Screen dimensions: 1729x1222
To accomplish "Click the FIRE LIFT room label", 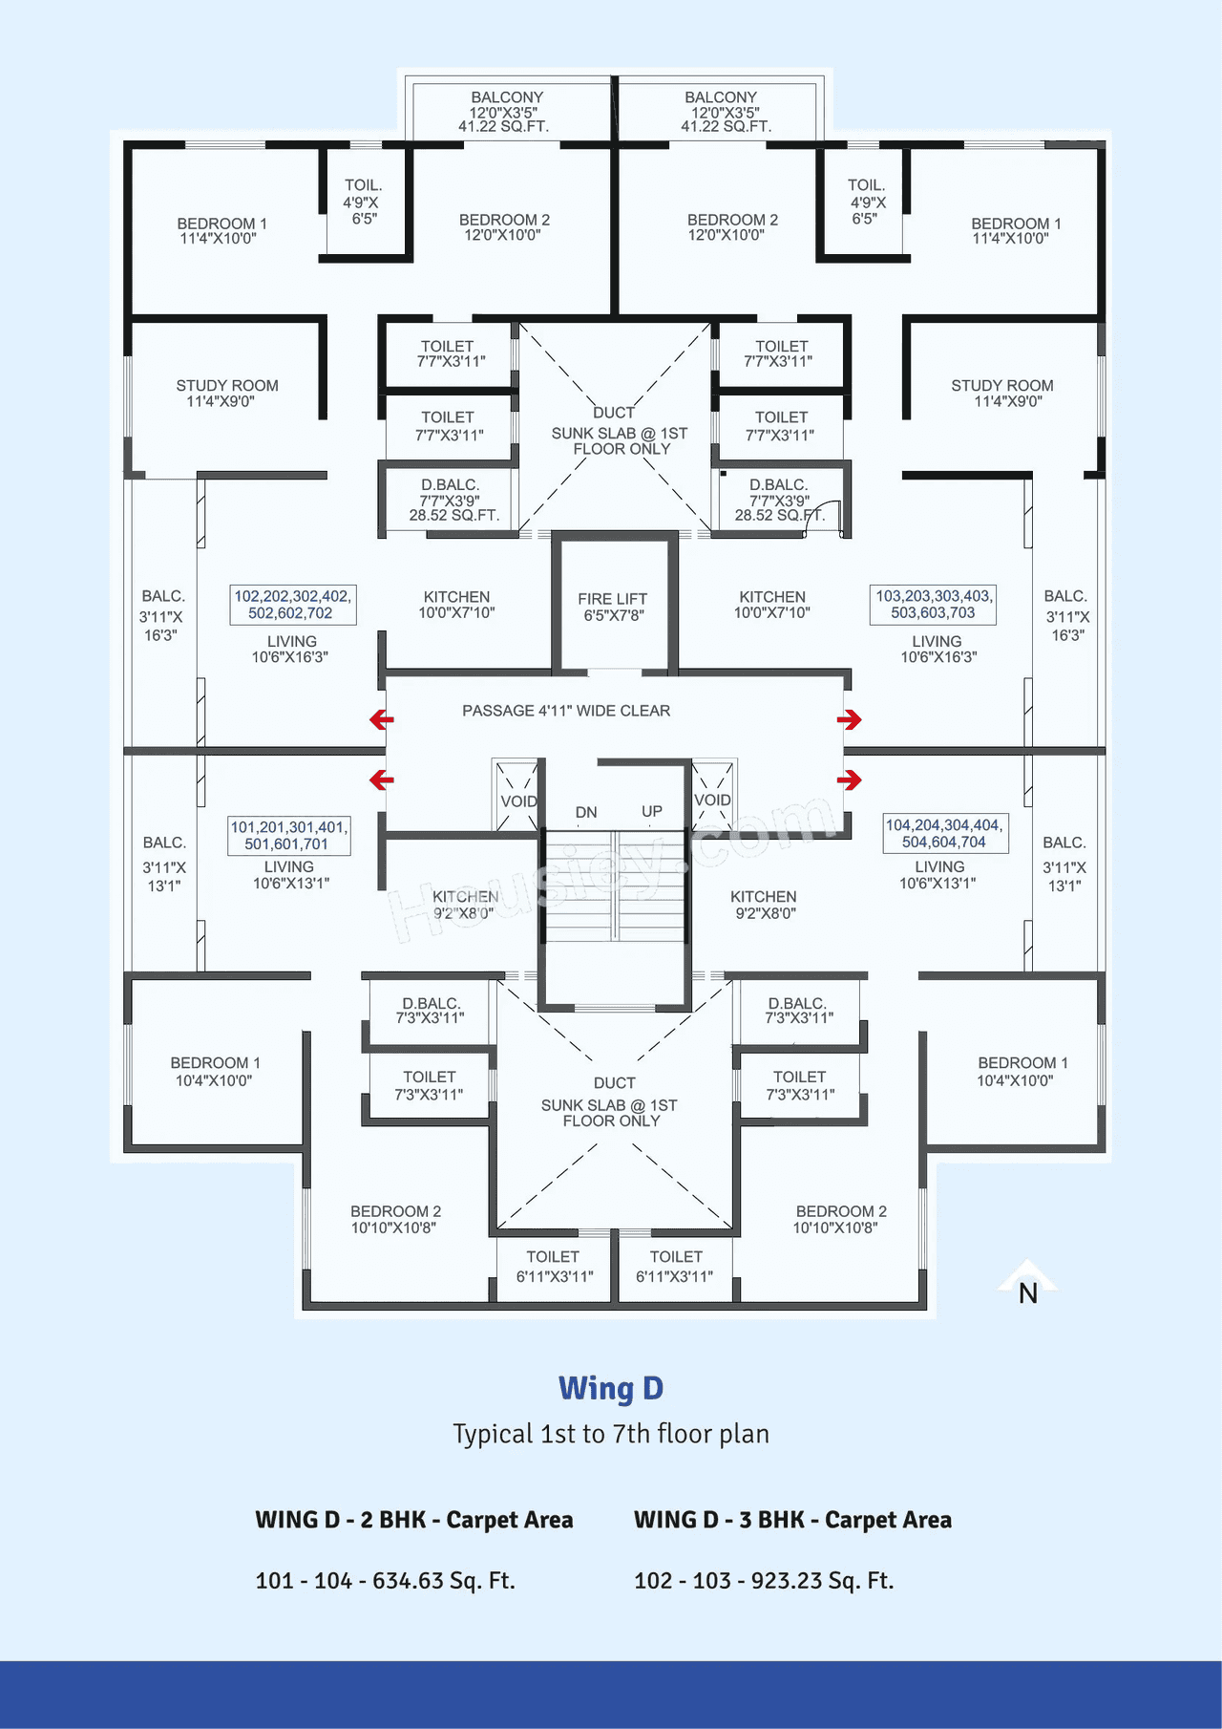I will [612, 607].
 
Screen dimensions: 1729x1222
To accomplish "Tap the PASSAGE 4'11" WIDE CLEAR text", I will [566, 711].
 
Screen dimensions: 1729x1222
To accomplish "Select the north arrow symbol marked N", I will [1027, 1285].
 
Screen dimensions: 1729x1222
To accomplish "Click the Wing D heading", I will [611, 1388].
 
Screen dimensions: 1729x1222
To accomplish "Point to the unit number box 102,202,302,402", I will [292, 605].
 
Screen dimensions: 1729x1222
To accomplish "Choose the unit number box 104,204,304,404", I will [944, 833].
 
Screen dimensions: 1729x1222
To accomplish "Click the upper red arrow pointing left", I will [382, 719].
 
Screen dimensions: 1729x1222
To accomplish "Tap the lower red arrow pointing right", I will [850, 780].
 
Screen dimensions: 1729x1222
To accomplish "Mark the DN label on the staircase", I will [586, 812].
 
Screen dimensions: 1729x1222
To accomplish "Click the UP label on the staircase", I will [652, 811].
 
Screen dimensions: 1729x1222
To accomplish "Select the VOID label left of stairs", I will [518, 801].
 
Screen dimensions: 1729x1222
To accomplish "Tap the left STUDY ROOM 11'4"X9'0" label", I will [226, 394].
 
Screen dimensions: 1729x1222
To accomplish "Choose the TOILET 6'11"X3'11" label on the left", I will [554, 1267].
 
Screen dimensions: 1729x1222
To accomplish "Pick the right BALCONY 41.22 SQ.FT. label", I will [724, 112].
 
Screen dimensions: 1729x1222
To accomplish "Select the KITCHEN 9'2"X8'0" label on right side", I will [764, 905].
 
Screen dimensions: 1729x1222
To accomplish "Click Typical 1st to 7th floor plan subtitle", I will [611, 1434].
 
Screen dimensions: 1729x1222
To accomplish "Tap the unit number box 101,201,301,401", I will [289, 836].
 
